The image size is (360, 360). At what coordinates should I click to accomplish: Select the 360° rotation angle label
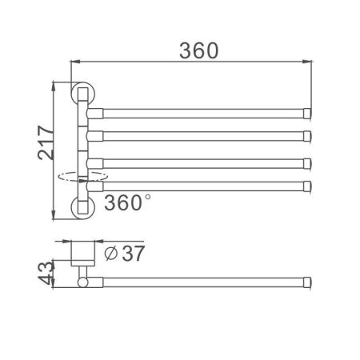[x=126, y=203]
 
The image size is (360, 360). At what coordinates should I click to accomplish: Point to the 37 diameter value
[x=134, y=254]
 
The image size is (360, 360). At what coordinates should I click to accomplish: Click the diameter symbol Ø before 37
[x=113, y=254]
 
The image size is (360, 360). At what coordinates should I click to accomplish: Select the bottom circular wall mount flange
[x=83, y=207]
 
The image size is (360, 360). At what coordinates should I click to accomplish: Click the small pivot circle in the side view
[x=82, y=281]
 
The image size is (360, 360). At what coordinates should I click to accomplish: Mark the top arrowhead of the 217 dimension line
[x=54, y=84]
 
